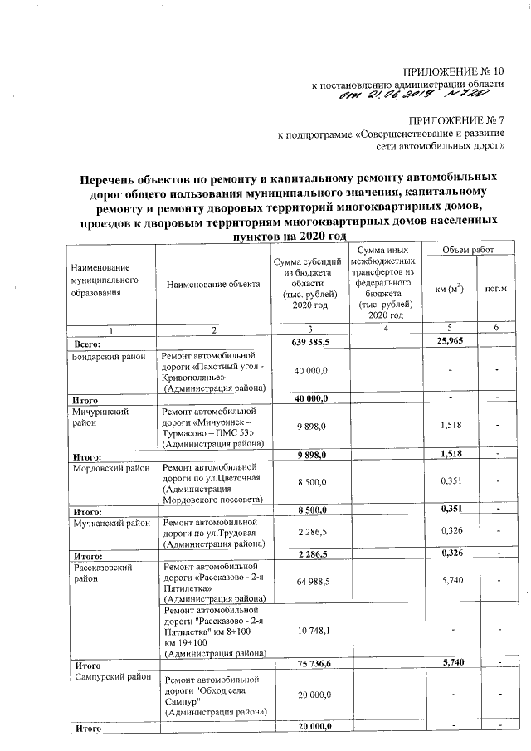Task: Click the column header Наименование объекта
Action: coord(212,285)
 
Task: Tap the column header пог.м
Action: coord(496,289)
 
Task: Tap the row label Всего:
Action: coord(87,342)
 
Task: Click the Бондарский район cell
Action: coord(110,356)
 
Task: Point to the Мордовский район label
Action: coord(110,468)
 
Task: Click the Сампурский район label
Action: coord(110,677)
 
